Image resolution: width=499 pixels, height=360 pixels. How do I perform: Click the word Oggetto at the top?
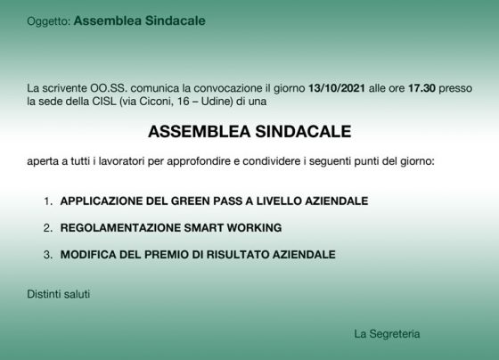coord(48,21)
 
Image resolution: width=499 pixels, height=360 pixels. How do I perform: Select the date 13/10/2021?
coord(337,88)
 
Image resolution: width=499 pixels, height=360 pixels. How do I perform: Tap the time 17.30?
coord(421,88)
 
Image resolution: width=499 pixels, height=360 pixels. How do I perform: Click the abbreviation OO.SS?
coord(109,88)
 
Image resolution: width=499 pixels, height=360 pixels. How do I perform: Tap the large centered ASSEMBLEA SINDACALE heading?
coord(250,132)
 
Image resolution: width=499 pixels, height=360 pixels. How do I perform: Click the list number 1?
coord(48,201)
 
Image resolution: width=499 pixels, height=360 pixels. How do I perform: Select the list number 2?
coord(48,228)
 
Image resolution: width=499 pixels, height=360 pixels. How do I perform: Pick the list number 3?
coord(48,255)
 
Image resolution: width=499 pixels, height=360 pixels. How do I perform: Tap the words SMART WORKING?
coord(233,228)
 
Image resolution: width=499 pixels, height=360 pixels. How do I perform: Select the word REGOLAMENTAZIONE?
coord(120,228)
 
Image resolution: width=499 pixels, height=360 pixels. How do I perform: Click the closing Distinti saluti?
coord(59,294)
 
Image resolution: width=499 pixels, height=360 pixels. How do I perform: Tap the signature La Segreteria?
coord(387,334)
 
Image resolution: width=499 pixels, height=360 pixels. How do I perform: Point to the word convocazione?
coord(228,88)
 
